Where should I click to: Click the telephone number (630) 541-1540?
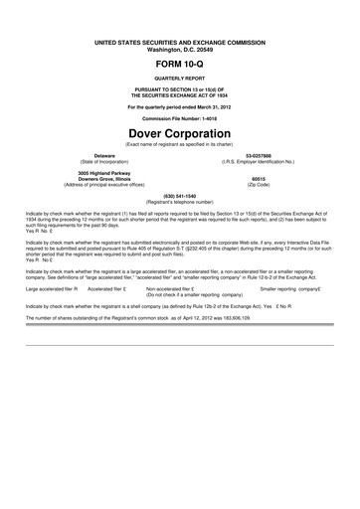pos(180,196)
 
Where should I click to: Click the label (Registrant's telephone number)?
pos(180,202)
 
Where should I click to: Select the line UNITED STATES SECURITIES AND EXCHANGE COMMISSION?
pos(180,41)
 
